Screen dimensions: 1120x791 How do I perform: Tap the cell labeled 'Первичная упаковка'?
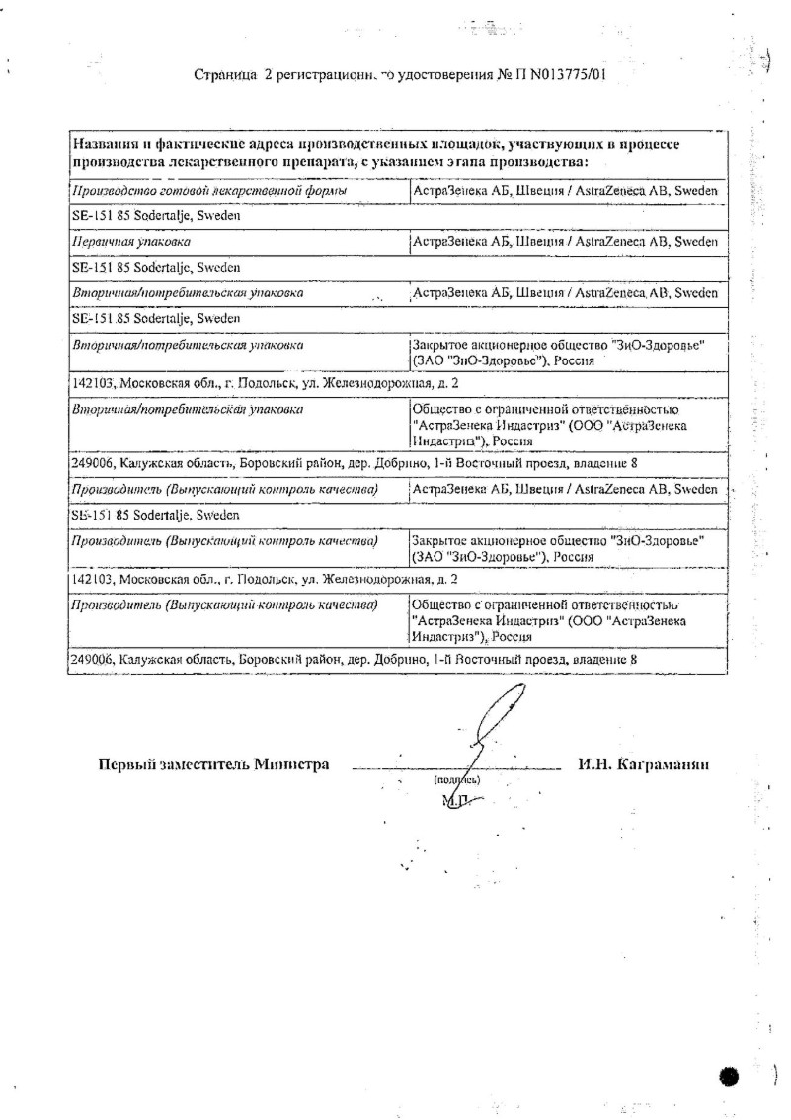coord(132,241)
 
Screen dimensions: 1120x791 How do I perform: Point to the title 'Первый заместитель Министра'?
coord(213,764)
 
